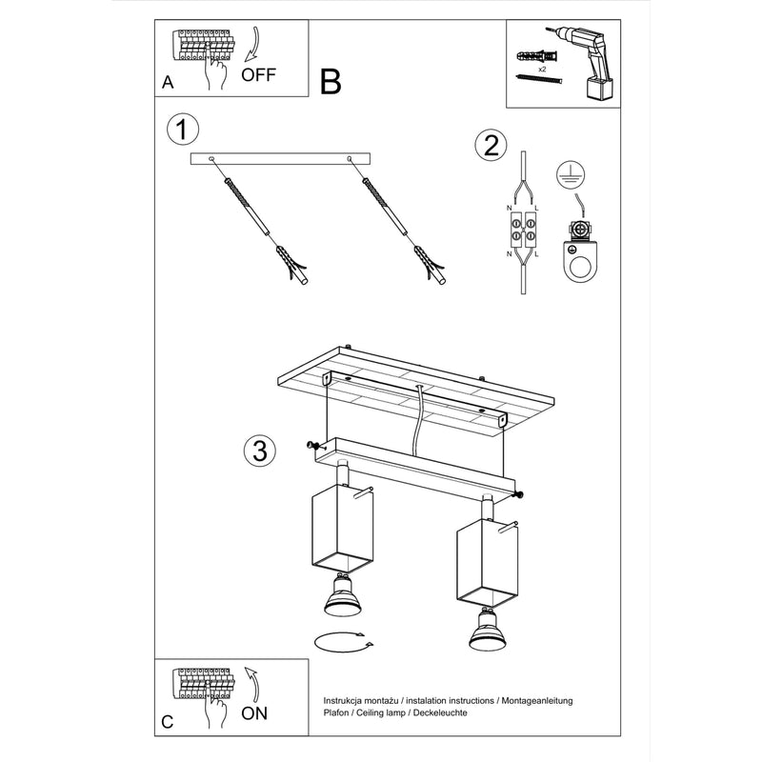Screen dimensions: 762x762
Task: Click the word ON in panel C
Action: [x=254, y=711]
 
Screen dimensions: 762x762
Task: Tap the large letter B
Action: [x=330, y=82]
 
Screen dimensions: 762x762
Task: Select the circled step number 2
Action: [x=490, y=145]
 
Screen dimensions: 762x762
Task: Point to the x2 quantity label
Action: [x=541, y=70]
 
